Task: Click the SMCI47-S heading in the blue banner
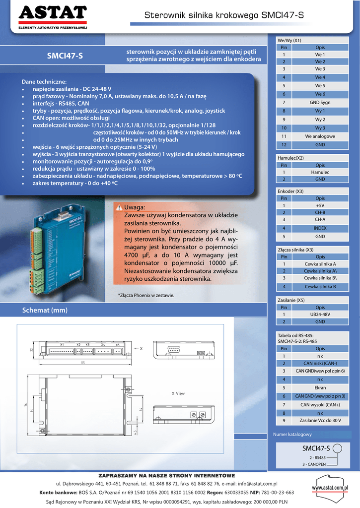[x=65, y=56]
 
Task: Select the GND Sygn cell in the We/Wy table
[x=320, y=102]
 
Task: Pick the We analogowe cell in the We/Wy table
[x=320, y=136]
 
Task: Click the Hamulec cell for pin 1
[x=320, y=172]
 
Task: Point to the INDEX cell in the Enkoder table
[x=320, y=228]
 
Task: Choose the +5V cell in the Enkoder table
[x=320, y=205]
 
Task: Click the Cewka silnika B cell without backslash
[x=320, y=286]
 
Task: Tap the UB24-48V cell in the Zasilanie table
[x=320, y=314]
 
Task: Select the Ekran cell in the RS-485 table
[x=320, y=387]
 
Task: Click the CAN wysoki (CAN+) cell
[x=320, y=405]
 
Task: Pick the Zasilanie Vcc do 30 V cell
[x=320, y=421]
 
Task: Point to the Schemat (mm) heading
[x=45, y=310]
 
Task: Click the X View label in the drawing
[x=178, y=393]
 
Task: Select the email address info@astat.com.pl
[x=258, y=483]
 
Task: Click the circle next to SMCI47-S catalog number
[x=338, y=448]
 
